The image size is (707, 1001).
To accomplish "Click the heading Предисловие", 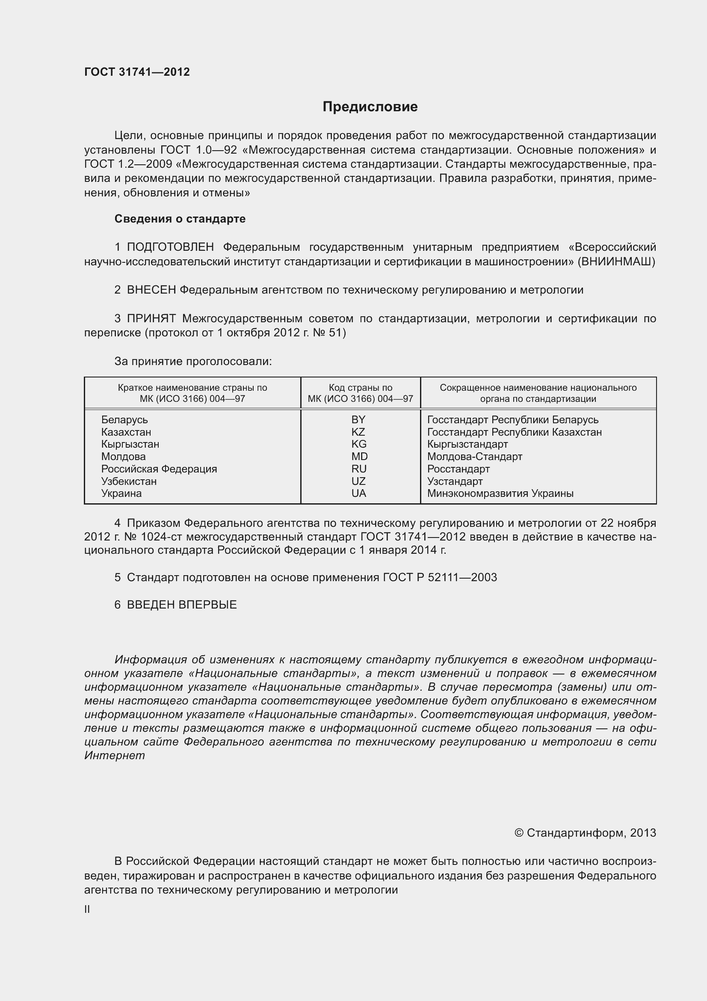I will (x=370, y=107).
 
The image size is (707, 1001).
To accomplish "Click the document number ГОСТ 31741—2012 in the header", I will (x=137, y=72).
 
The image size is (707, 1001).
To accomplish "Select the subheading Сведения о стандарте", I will (x=180, y=219).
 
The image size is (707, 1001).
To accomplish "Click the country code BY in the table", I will (x=358, y=419).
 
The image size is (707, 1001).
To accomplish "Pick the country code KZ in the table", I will (x=358, y=432).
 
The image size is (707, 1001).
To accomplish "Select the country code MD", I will (x=359, y=457).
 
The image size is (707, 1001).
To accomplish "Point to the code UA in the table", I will (x=358, y=493).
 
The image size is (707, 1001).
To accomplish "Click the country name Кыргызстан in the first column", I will (x=130, y=444).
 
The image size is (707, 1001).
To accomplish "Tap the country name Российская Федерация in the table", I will (x=159, y=469).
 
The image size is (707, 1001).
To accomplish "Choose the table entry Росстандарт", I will (x=458, y=469).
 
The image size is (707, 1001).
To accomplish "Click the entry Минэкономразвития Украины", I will (x=500, y=493).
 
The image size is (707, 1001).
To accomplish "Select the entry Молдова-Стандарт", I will (x=474, y=457).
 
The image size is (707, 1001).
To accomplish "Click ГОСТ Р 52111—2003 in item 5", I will (x=440, y=577).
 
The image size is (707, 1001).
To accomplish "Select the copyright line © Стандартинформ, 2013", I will (x=585, y=833).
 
